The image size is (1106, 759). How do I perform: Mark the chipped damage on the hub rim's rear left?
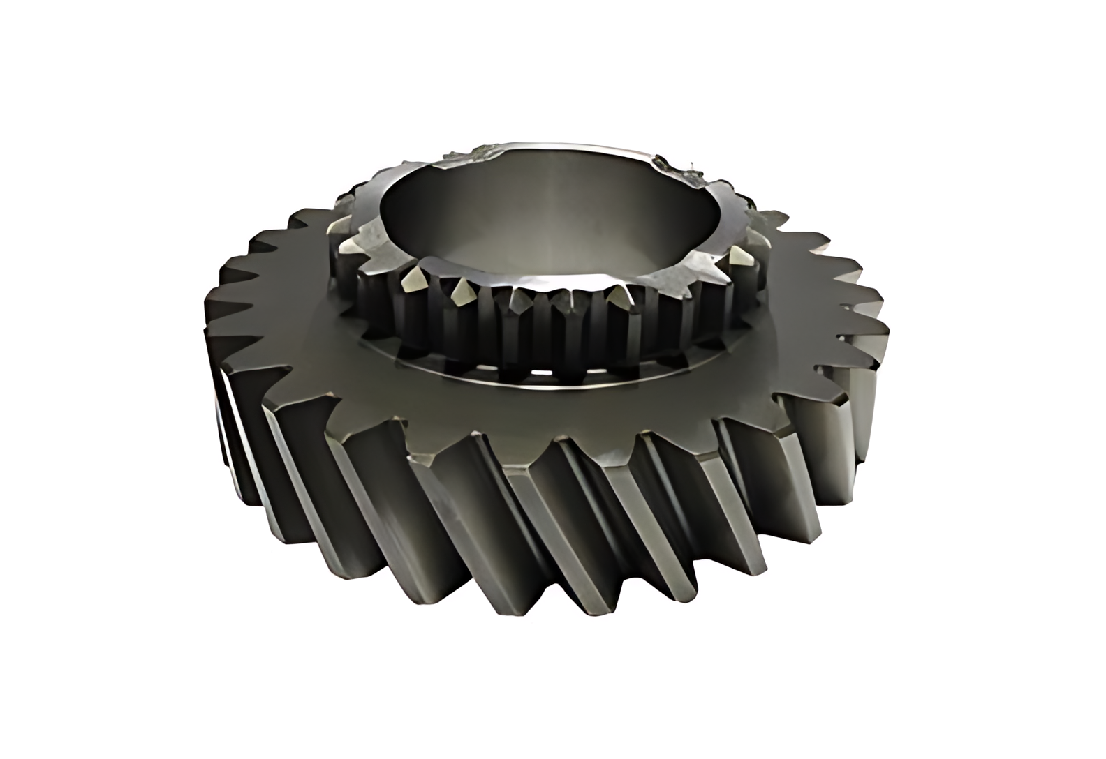[489, 150]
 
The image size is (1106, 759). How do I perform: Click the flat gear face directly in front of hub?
[559, 412]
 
